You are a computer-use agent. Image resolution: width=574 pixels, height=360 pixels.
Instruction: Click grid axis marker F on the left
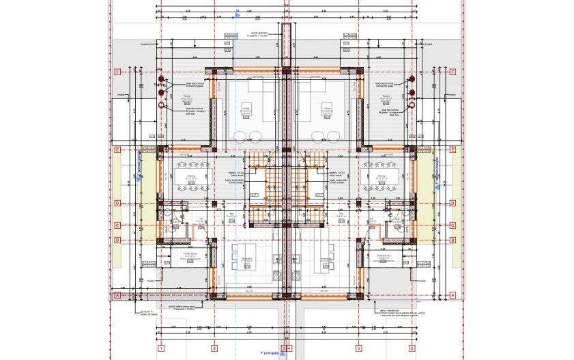[x=117, y=72]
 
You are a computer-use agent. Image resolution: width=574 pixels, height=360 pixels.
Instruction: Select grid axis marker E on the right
[x=454, y=150]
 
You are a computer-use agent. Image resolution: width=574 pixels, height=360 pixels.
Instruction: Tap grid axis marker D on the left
[x=117, y=203]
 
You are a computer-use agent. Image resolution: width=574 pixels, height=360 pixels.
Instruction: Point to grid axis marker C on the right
[x=454, y=225]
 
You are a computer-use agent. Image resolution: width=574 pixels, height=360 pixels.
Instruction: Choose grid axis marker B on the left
[x=117, y=240]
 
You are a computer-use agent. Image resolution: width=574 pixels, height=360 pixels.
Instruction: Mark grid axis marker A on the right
[x=454, y=295]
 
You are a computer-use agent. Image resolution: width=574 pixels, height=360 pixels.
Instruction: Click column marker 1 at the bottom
[x=161, y=348]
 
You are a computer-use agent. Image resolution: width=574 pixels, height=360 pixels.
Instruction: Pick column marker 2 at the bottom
[x=214, y=348]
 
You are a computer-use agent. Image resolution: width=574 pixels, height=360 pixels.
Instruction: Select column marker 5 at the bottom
[x=359, y=348]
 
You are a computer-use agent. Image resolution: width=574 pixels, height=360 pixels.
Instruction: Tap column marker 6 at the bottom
[x=412, y=348]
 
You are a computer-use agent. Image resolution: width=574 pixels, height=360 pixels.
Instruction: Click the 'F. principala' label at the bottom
[x=270, y=354]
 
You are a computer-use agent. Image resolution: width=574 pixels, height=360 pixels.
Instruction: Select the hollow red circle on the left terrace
[x=162, y=106]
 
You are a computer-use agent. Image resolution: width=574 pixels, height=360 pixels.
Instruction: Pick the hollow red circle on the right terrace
[x=412, y=106]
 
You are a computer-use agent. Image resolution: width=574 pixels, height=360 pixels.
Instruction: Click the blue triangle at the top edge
[x=235, y=16]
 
